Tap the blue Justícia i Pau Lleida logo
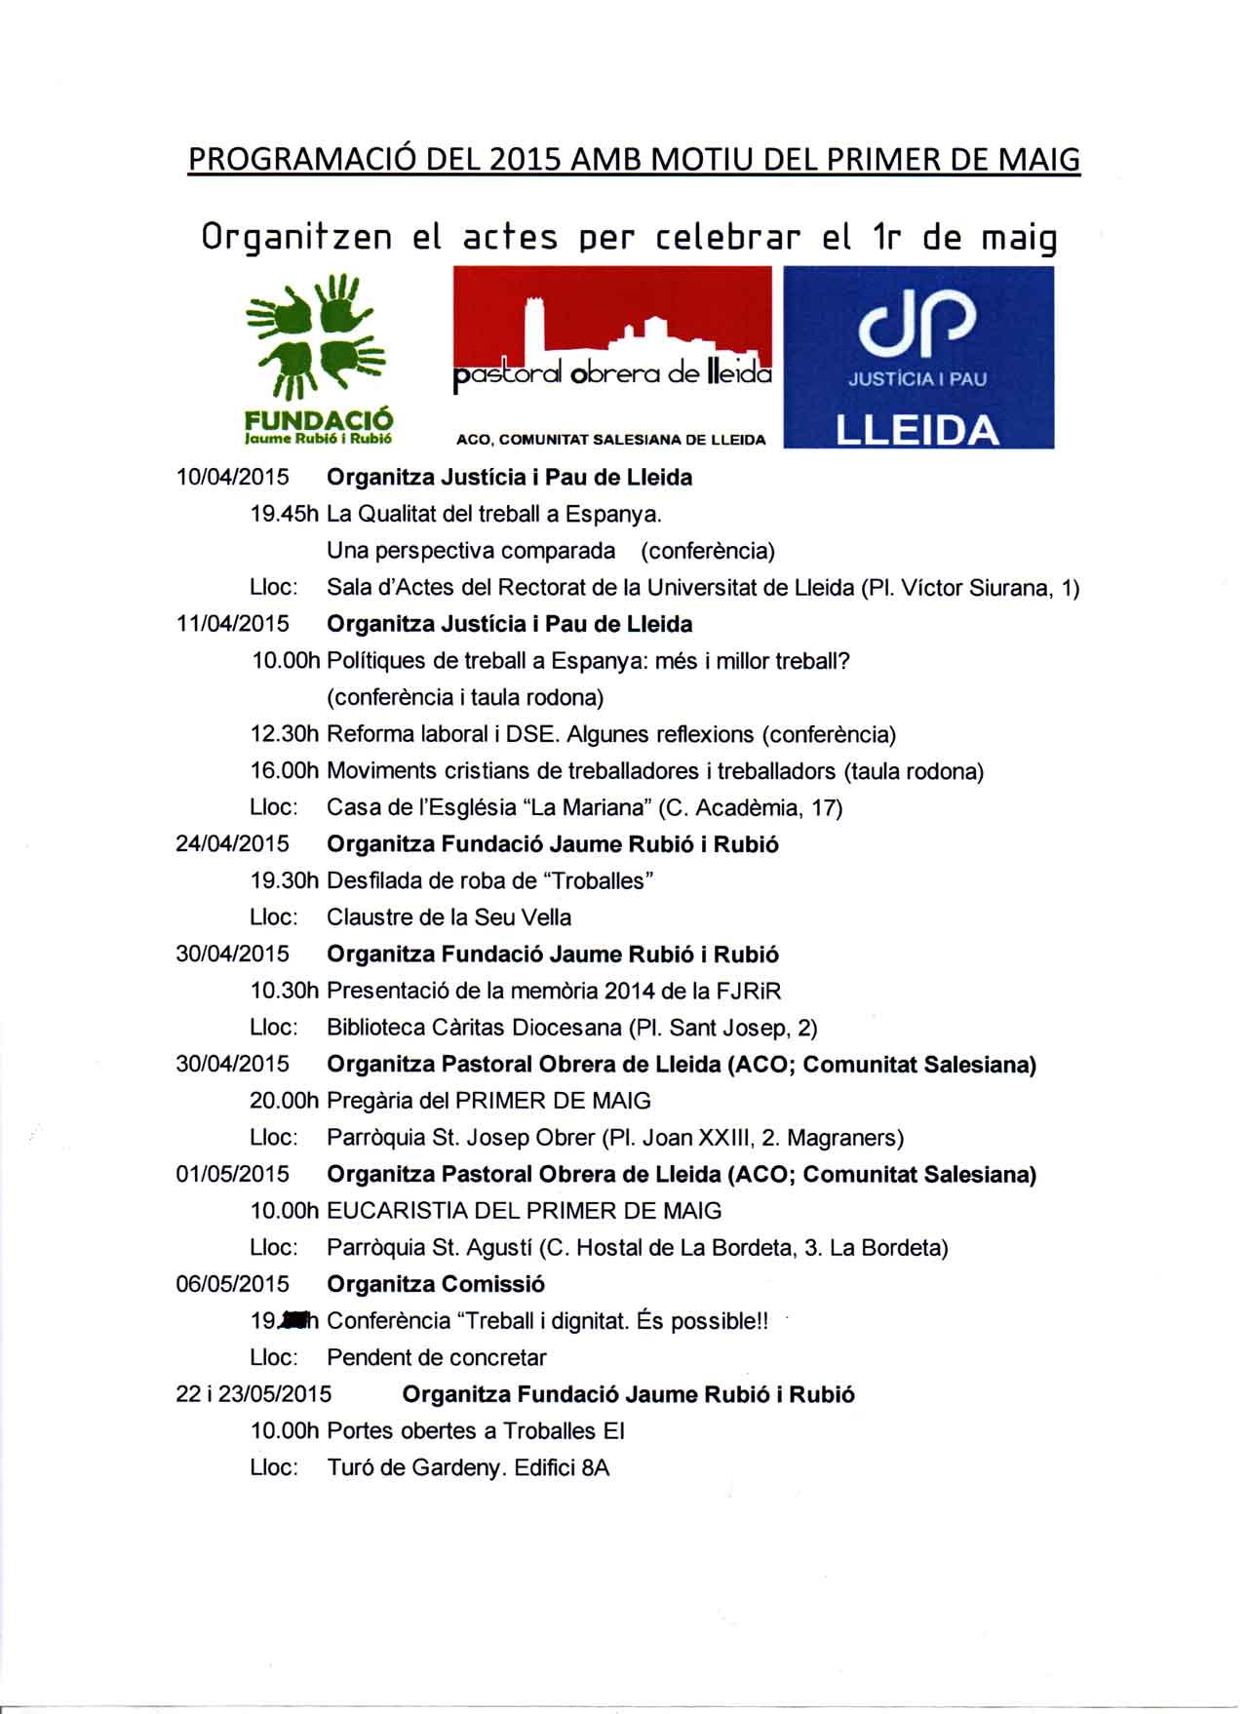click(x=918, y=357)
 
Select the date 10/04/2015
click(x=232, y=478)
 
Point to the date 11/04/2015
click(x=232, y=624)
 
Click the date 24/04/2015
click(x=232, y=844)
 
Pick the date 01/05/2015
click(x=232, y=1174)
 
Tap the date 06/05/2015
click(x=232, y=1284)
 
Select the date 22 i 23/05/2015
click(x=253, y=1394)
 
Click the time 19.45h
click(x=285, y=514)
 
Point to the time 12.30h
click(x=285, y=734)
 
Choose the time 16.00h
click(x=285, y=771)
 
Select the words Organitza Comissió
click(x=436, y=1284)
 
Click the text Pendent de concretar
click(x=437, y=1357)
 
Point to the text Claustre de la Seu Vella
click(x=449, y=917)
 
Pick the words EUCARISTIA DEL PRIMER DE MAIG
click(x=525, y=1211)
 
